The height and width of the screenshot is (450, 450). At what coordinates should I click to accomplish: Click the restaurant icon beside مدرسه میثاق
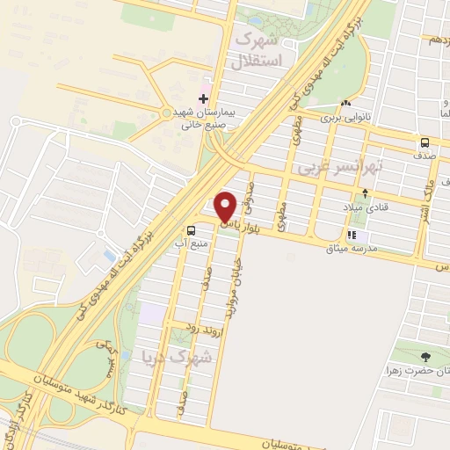pyautogui.click(x=353, y=235)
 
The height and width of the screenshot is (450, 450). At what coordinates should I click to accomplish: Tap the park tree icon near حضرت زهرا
pyautogui.click(x=426, y=356)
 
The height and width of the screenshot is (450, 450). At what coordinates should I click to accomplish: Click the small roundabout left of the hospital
pyautogui.click(x=165, y=112)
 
